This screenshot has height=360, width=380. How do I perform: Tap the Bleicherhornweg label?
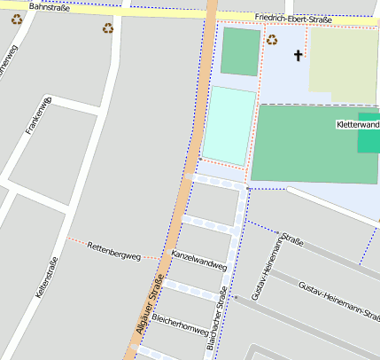point(180,317)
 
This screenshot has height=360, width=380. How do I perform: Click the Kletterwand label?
point(358,125)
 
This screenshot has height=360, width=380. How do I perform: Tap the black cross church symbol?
point(298,56)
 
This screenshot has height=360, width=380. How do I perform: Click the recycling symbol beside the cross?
point(272,39)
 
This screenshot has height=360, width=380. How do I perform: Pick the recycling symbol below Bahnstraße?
point(108,28)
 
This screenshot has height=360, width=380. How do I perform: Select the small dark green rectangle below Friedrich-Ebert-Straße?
point(240,51)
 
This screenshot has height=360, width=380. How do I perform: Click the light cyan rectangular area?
point(229,125)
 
